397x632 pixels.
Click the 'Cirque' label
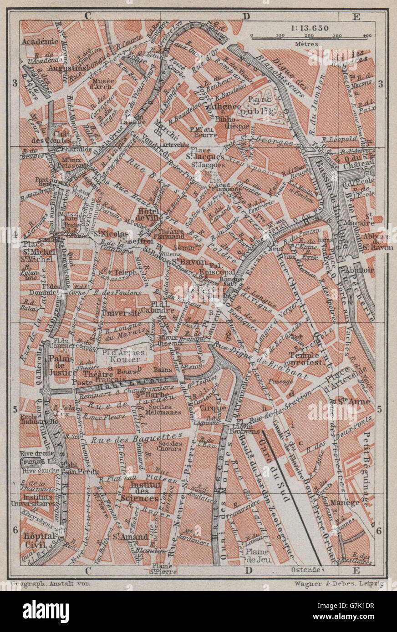click(x=213, y=408)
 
